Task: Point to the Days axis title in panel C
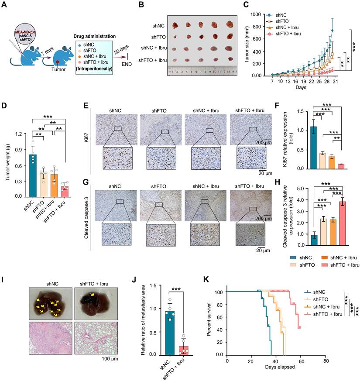tap(299, 87)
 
